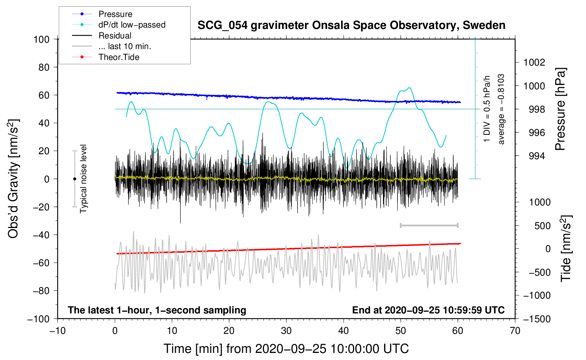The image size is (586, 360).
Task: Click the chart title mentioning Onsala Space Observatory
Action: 351,25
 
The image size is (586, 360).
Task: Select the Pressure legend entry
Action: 115,14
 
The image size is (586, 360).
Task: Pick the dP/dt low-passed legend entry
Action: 132,25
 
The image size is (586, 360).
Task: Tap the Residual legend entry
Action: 115,36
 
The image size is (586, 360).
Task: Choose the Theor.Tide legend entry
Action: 119,57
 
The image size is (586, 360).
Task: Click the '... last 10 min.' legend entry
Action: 125,47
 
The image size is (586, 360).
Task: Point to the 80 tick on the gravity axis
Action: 44,67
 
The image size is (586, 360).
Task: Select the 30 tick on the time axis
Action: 286,331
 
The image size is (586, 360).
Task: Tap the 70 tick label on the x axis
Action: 515,331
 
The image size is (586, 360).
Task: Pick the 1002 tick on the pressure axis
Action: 534,62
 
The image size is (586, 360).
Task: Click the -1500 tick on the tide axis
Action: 537,319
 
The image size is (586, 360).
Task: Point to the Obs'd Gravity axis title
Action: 13,179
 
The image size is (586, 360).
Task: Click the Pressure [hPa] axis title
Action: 560,109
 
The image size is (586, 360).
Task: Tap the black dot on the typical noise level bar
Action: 74,179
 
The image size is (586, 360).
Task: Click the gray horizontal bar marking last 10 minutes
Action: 429,225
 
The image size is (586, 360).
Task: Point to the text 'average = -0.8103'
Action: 501,109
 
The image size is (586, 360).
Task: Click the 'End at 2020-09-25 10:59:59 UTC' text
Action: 428,310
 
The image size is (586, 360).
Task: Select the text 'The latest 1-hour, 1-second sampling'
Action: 157,310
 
